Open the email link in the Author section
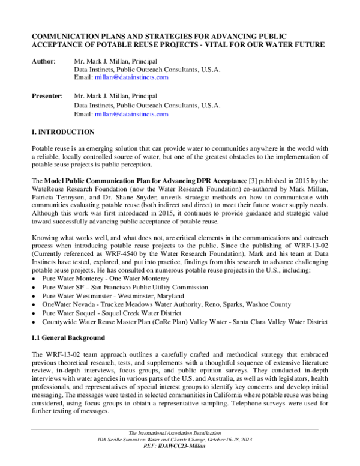click(131, 77)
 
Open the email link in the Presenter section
click(131, 113)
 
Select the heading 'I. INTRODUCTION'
click(62, 131)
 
